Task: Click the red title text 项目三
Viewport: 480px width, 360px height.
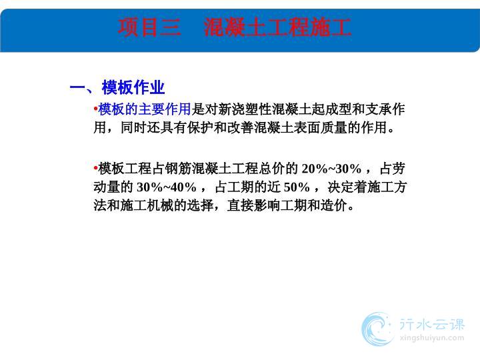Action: tap(149, 27)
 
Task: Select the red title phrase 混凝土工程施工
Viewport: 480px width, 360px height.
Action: tap(277, 27)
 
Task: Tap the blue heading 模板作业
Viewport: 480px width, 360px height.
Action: tap(133, 87)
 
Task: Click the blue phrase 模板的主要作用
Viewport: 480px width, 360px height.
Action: tap(145, 109)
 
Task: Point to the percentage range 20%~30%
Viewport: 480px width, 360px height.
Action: tap(331, 169)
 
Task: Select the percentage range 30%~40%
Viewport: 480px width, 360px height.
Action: tap(166, 187)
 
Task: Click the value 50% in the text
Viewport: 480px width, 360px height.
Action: tap(297, 187)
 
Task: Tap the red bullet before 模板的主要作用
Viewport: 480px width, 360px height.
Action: tap(95, 109)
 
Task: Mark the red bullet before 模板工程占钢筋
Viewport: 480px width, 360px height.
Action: tap(95, 168)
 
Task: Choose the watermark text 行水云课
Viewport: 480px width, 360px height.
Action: tap(432, 325)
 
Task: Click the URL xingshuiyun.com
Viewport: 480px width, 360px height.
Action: tap(432, 338)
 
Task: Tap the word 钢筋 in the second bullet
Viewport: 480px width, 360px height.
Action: tap(178, 169)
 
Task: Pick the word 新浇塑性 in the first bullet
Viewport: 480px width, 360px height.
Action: tap(245, 109)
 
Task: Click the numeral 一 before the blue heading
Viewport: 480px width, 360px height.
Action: tap(77, 88)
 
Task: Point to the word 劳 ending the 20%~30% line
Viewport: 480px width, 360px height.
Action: tap(399, 169)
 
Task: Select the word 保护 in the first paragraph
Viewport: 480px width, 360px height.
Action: tap(201, 127)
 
